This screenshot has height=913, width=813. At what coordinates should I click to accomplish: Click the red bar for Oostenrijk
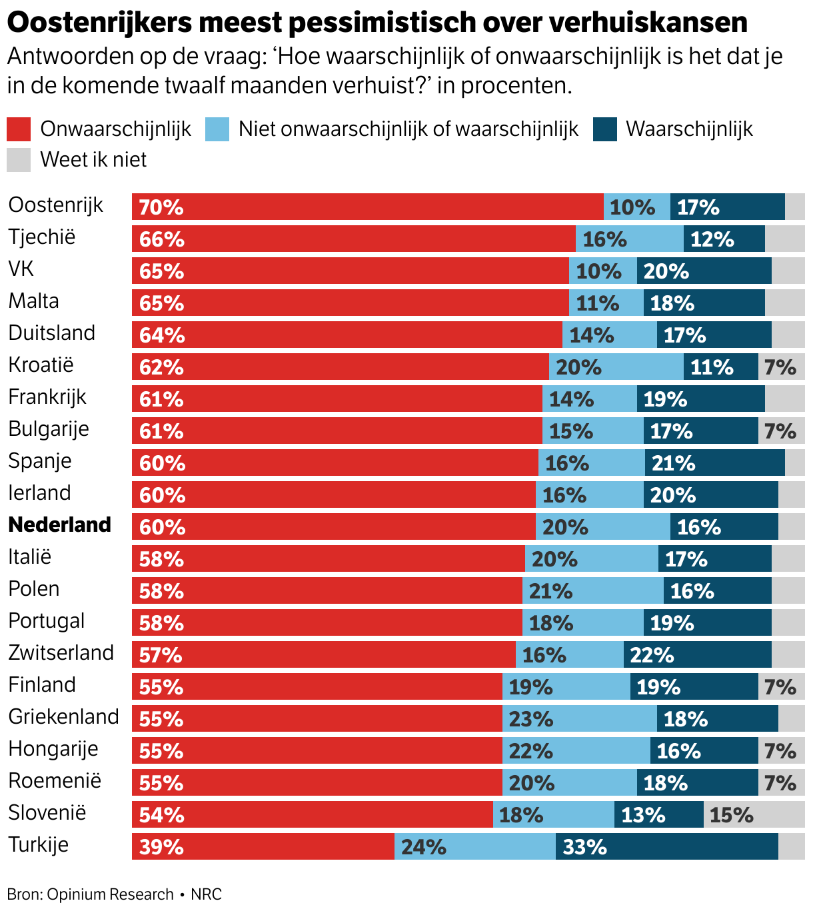(367, 207)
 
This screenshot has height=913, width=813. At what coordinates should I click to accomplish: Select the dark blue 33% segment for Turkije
(666, 846)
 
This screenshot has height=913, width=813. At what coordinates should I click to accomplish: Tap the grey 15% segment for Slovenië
(754, 814)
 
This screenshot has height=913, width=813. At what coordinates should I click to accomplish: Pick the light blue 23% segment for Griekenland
(579, 718)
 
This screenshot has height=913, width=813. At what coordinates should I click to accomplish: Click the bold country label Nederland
(60, 524)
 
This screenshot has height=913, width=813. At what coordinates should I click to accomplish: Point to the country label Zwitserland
(61, 652)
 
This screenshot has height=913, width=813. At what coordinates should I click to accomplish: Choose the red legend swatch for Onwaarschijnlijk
(19, 129)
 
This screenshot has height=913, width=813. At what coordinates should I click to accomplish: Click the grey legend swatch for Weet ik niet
(19, 160)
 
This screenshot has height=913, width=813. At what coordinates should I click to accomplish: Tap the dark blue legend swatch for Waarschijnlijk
(605, 129)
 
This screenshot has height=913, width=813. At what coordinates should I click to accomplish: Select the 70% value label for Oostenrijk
(161, 207)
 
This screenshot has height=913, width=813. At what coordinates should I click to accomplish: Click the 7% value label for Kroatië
(780, 367)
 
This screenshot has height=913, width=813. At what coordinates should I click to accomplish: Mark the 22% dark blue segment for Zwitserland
(697, 654)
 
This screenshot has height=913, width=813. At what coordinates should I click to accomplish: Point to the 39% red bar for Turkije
(263, 846)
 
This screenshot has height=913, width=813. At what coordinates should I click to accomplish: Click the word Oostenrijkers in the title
(99, 23)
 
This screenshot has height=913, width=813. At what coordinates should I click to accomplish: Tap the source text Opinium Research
(110, 894)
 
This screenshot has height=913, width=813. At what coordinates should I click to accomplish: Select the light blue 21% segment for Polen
(592, 590)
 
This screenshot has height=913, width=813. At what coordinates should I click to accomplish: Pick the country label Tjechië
(42, 237)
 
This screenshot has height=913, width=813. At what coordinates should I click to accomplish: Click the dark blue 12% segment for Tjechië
(724, 239)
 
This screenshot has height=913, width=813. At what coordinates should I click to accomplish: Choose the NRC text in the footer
(207, 894)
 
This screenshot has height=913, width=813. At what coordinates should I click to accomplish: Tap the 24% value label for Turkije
(424, 847)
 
